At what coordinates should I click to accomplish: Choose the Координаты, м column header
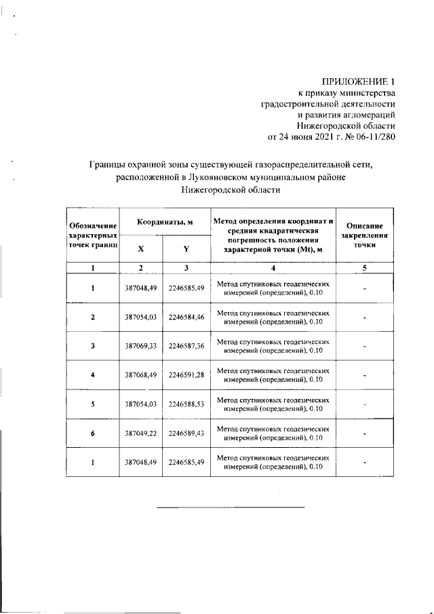pos(163,223)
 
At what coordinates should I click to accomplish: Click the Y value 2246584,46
pos(186,318)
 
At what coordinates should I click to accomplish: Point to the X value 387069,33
pos(141,346)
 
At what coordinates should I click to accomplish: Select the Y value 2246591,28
pos(186,375)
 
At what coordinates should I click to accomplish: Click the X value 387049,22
pos(141,434)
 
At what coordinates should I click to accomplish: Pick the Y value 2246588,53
pos(186,404)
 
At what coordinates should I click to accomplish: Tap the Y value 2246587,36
pos(186,346)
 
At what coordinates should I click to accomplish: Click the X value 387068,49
pos(141,375)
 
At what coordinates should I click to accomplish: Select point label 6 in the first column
pos(93,434)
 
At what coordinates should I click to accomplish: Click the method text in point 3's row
pos(273,346)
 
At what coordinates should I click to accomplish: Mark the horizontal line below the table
pos(231,506)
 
